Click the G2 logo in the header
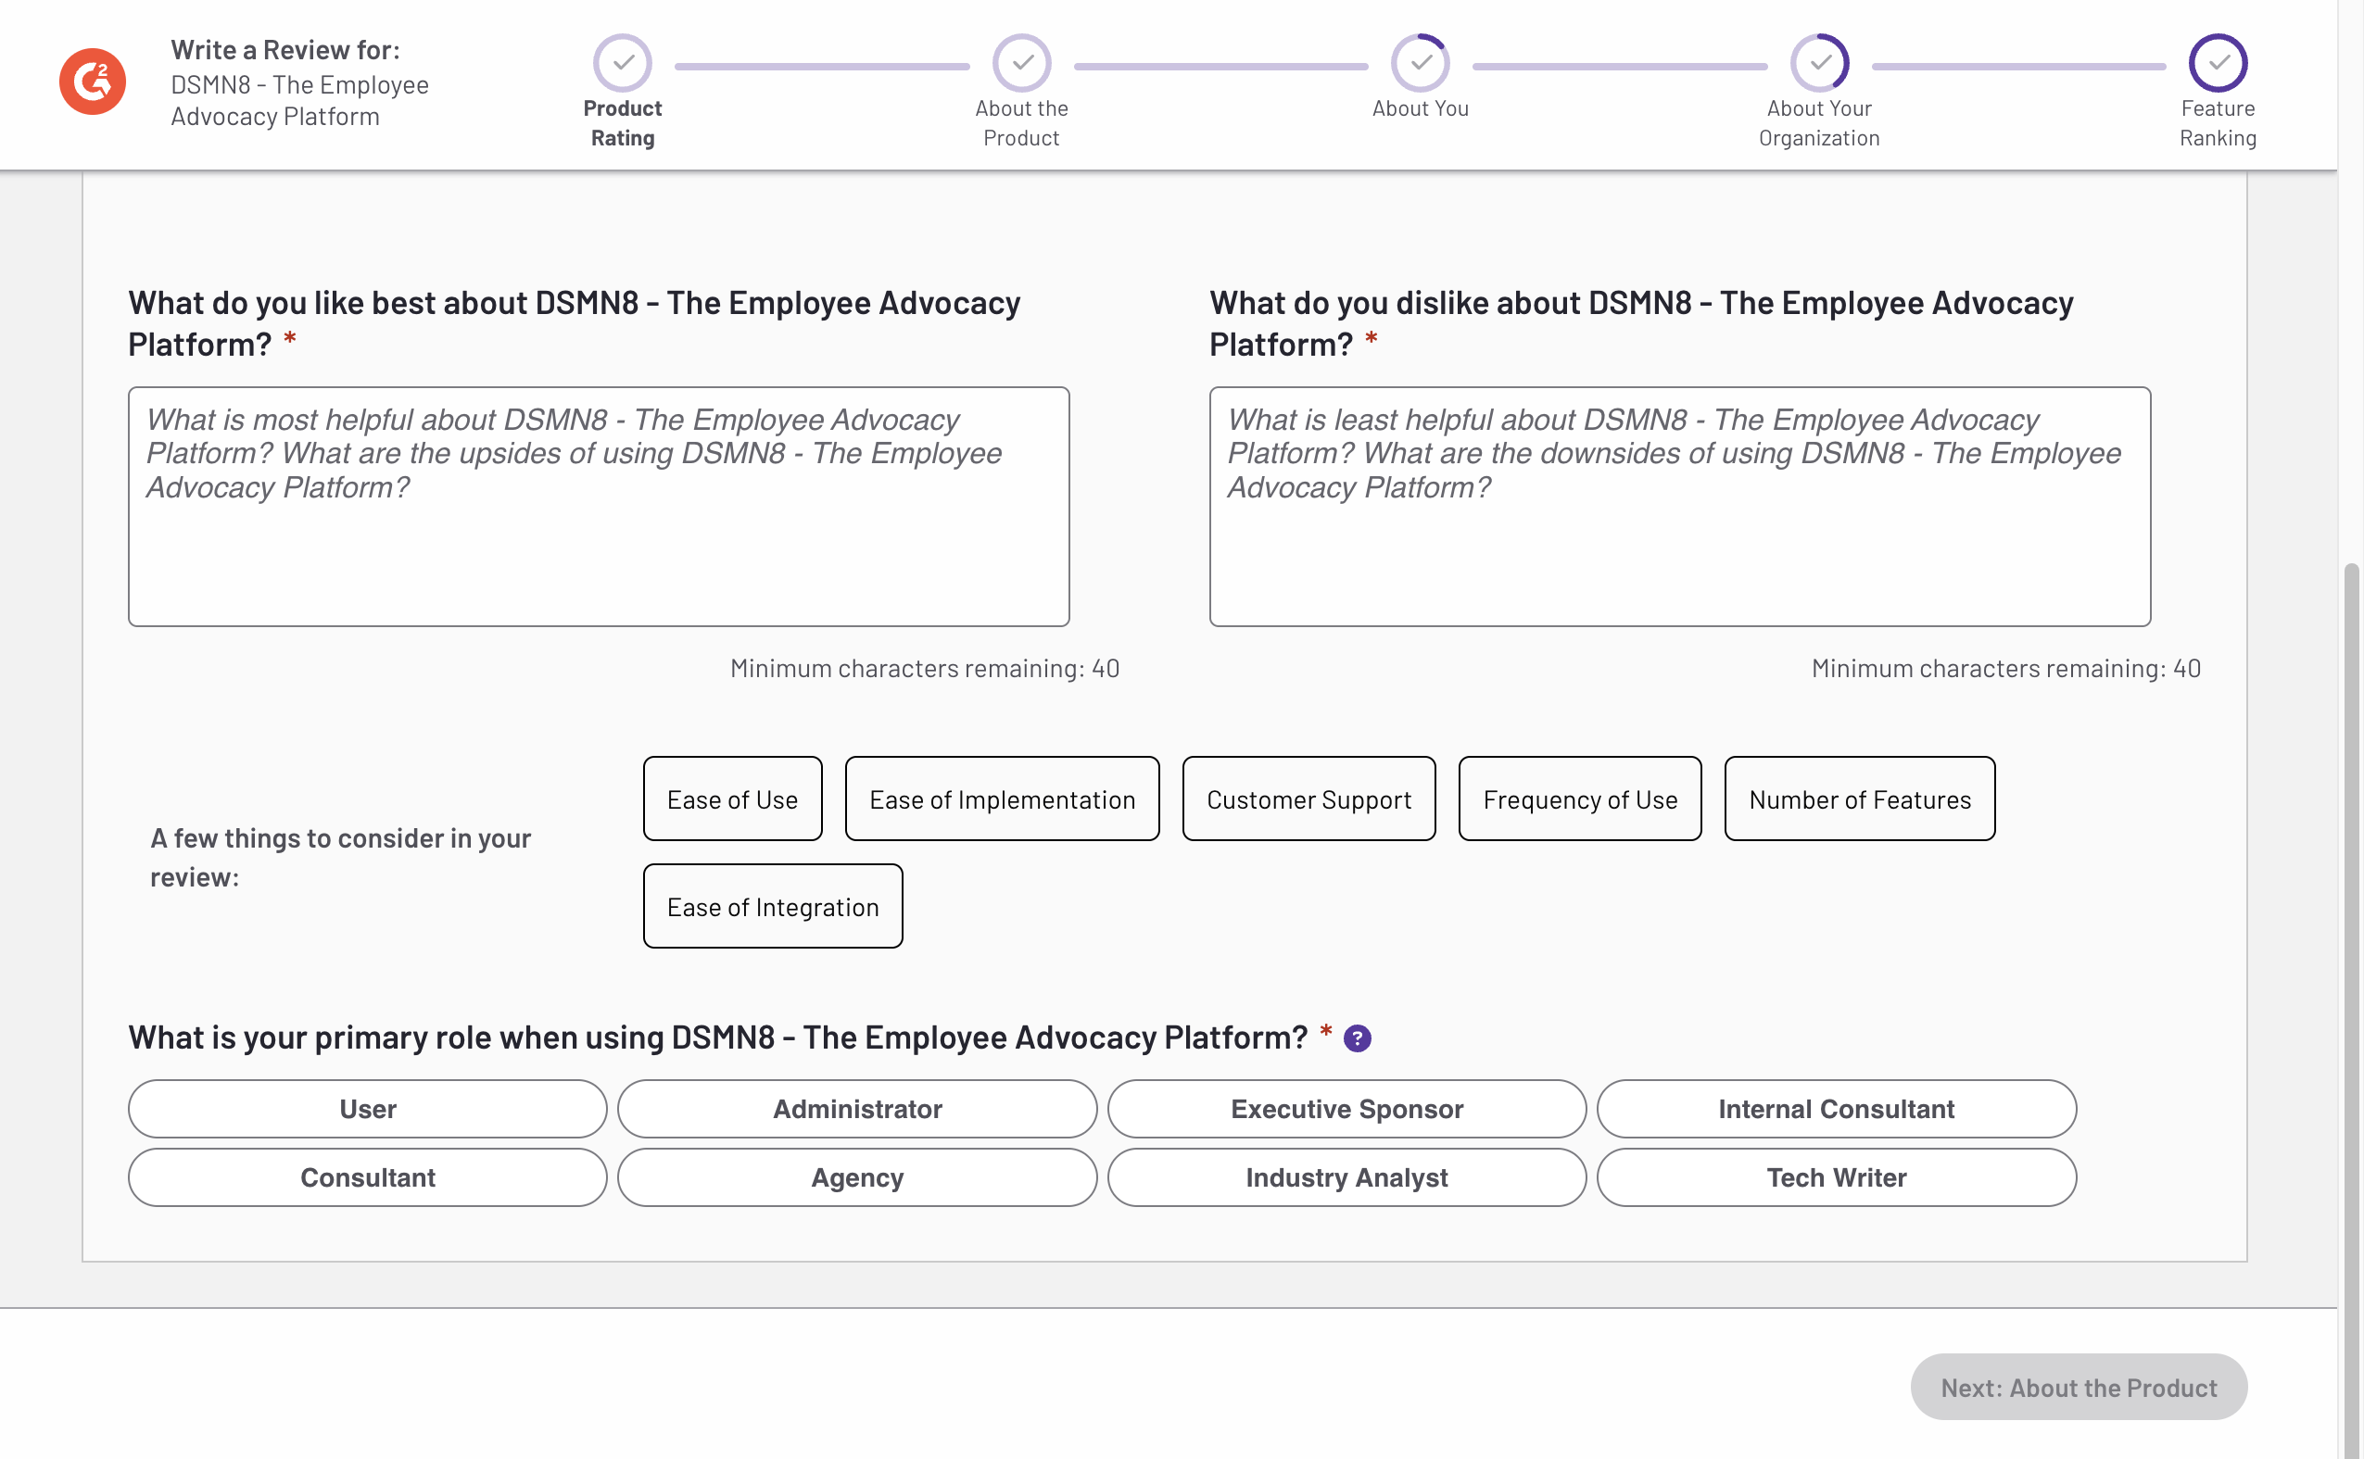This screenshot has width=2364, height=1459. point(93,82)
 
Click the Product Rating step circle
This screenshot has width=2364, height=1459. point(623,64)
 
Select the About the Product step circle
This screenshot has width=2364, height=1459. point(1021,64)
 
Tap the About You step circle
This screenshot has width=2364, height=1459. point(1420,64)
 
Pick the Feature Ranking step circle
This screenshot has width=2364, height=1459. point(2218,64)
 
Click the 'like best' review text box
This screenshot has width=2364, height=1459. point(599,507)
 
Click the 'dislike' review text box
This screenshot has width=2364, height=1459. point(1679,507)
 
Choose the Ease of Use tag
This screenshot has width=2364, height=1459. point(733,799)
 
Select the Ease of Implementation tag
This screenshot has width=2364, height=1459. point(1002,799)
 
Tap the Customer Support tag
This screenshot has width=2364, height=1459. point(1308,799)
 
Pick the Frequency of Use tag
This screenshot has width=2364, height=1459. point(1580,799)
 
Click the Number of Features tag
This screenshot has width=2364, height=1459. point(1859,799)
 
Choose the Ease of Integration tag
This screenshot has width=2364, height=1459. point(772,906)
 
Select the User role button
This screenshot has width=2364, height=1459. point(368,1109)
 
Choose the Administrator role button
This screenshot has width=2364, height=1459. point(857,1109)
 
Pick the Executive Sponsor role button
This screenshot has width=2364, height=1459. point(1346,1109)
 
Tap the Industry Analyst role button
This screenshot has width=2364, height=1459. point(1346,1177)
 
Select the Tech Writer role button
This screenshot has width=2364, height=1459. point(1836,1177)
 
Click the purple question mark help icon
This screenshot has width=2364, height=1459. point(1358,1038)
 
